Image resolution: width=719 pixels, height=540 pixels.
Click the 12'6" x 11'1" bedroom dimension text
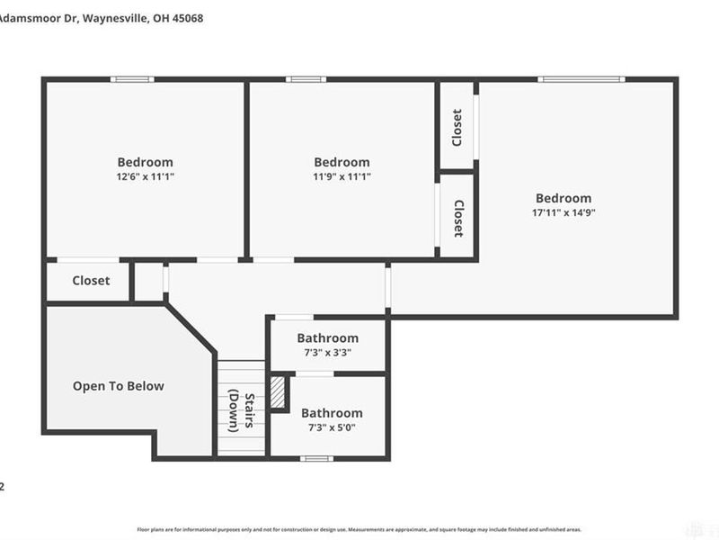(x=145, y=177)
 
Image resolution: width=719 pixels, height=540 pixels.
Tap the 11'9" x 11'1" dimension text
(x=342, y=177)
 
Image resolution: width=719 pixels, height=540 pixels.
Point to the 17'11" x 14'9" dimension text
(x=564, y=213)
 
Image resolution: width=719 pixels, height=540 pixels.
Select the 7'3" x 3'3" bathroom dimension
(x=328, y=353)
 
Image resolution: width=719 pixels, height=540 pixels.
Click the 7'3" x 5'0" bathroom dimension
(x=332, y=427)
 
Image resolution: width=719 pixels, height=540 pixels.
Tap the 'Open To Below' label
(x=119, y=386)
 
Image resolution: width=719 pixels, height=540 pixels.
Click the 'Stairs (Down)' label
(x=239, y=409)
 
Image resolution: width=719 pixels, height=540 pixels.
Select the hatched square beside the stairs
(x=279, y=393)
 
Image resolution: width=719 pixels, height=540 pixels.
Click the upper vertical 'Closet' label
(x=457, y=127)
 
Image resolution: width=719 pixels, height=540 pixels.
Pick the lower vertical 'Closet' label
(x=457, y=218)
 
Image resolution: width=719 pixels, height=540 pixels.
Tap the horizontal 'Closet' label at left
(x=91, y=280)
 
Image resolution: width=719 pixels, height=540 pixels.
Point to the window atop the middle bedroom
(x=306, y=79)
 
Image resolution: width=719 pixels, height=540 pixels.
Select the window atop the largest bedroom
(x=581, y=79)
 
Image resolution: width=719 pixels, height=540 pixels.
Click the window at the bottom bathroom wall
(x=316, y=459)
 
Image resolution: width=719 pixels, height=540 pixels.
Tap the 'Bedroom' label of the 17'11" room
(x=564, y=198)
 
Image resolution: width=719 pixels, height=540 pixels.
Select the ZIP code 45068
(x=185, y=17)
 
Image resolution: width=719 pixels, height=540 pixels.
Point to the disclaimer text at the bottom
(x=359, y=530)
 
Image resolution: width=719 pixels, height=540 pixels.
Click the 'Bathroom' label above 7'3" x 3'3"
(x=328, y=338)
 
